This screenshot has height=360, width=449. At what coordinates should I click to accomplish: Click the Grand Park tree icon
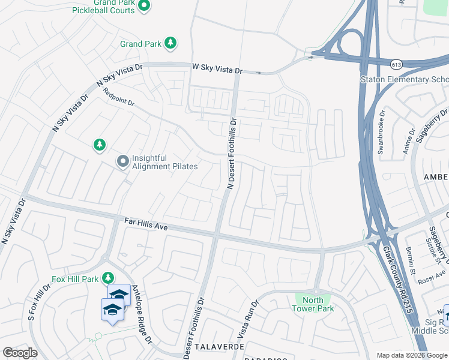[171, 43]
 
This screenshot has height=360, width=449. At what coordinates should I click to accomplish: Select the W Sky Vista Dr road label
[217, 69]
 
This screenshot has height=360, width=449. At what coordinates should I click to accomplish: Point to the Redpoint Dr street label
[118, 99]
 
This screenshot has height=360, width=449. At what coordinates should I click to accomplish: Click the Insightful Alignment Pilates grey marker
[122, 161]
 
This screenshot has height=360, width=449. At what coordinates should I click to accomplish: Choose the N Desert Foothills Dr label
[231, 154]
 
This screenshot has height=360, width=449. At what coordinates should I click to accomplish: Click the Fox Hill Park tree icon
[108, 278]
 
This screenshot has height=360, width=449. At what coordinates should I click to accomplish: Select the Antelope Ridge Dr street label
[143, 313]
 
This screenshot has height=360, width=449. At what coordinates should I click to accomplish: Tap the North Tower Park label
[313, 304]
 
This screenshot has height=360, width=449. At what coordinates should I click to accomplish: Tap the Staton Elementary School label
[403, 80]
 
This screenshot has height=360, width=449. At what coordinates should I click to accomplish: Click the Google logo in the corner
[20, 353]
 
